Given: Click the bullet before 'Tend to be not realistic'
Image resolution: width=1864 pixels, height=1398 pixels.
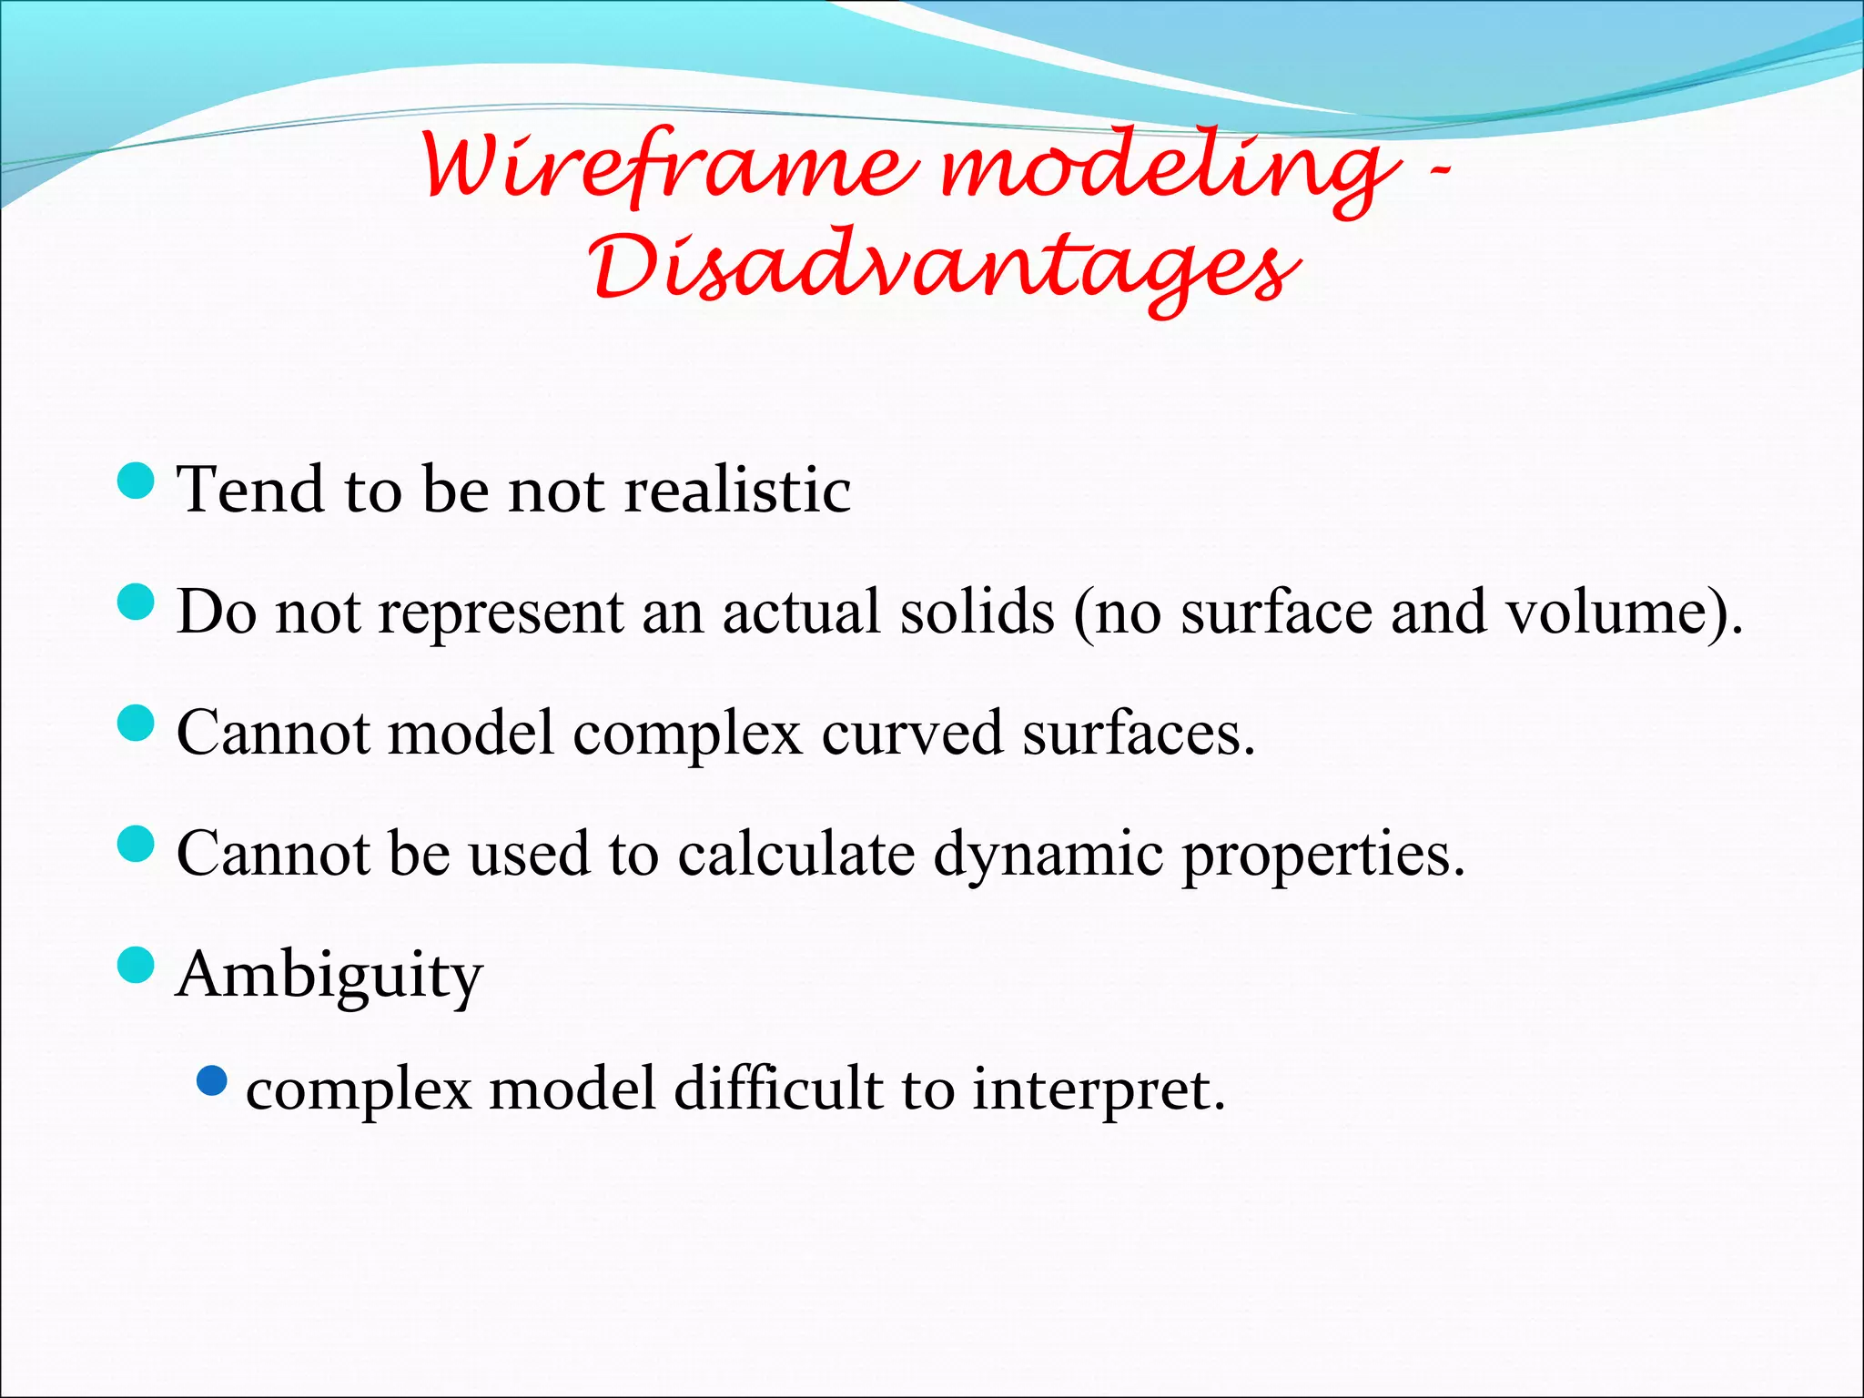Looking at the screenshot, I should click(137, 481).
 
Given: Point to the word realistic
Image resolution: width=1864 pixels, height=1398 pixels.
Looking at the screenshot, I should click(737, 491).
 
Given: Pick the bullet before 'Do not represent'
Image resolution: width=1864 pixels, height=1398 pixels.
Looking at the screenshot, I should click(137, 603).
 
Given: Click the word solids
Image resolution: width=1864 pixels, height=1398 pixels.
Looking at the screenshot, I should click(977, 612).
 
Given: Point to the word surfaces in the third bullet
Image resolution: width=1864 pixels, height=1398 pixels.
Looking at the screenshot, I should click(1138, 733).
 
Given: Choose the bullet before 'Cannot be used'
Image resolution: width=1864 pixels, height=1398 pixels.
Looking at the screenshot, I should click(137, 845).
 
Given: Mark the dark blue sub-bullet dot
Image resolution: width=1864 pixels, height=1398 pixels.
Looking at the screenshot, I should click(211, 1080).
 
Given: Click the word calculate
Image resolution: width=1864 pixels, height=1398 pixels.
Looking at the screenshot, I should click(795, 854).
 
